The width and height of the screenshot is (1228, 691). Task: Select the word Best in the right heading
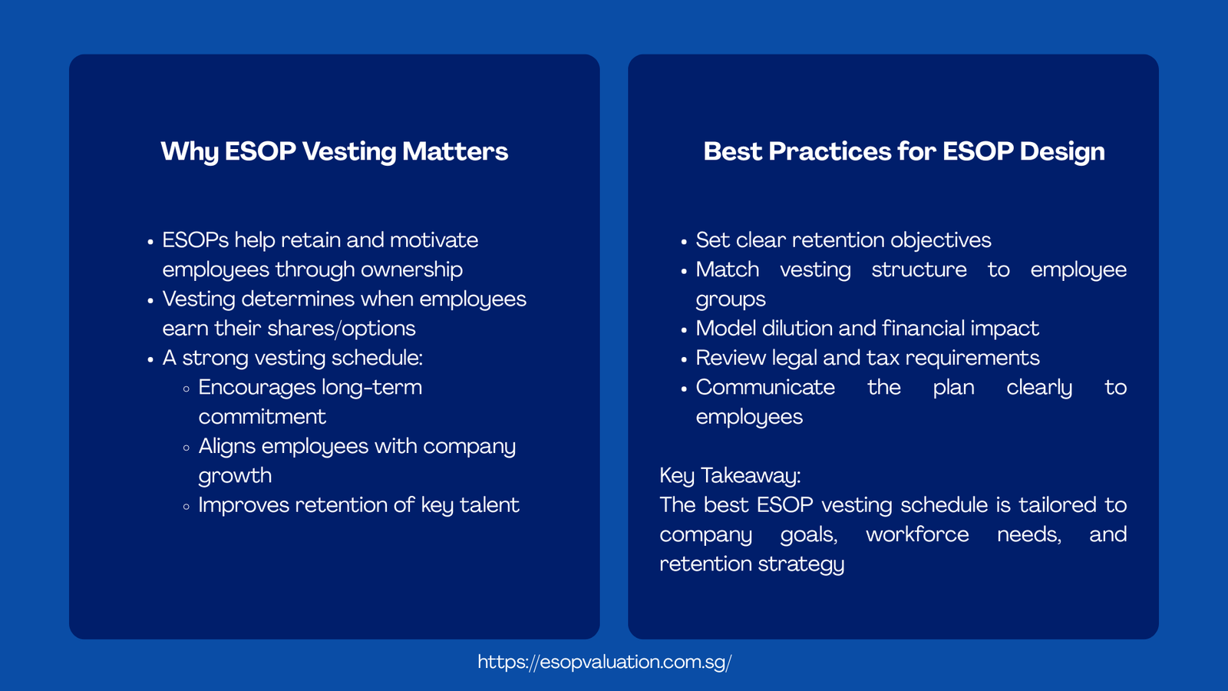[732, 152]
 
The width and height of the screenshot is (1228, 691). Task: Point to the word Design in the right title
[1062, 152]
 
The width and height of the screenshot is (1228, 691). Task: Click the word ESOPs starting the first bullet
[195, 240]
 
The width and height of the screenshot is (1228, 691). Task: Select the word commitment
[262, 417]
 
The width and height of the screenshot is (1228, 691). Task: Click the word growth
[235, 476]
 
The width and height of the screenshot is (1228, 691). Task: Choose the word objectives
[941, 240]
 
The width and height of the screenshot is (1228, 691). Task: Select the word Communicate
[765, 388]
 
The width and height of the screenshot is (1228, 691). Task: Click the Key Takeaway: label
[730, 476]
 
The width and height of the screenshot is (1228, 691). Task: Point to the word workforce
[917, 534]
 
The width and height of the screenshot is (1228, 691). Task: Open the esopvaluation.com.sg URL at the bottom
[604, 663]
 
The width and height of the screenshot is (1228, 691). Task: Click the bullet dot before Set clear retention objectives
[684, 242]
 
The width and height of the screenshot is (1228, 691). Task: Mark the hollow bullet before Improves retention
[187, 507]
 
